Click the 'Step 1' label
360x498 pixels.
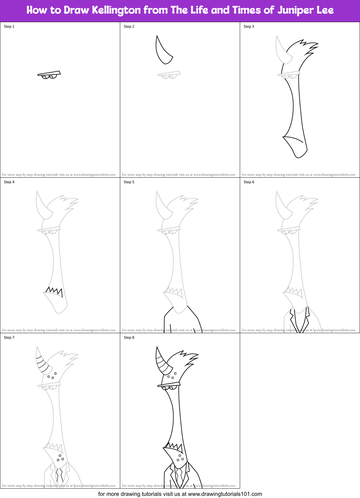[x=9, y=26]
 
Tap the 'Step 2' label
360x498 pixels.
[x=129, y=26]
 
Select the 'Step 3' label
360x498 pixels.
[x=249, y=26]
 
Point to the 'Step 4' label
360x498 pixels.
[x=9, y=182]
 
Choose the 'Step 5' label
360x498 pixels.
[x=129, y=182]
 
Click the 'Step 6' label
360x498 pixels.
[x=249, y=182]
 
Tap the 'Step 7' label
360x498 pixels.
[x=9, y=338]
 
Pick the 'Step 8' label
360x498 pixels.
[x=129, y=338]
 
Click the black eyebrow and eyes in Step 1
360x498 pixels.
[x=49, y=75]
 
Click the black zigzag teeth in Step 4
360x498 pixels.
[x=55, y=291]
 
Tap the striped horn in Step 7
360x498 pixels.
[x=42, y=361]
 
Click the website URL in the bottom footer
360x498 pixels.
[x=225, y=494]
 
